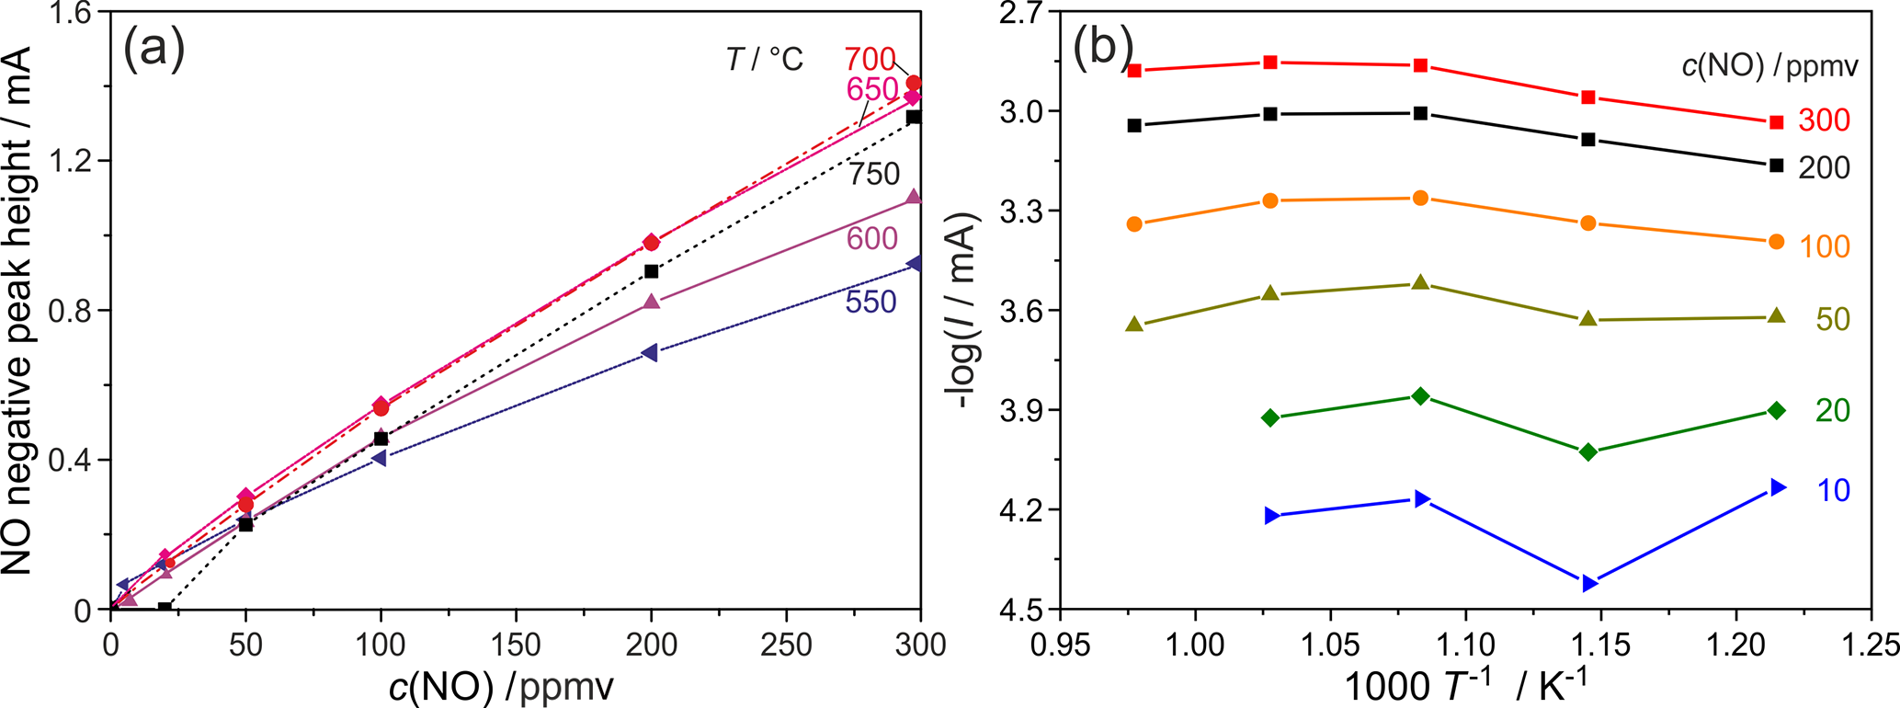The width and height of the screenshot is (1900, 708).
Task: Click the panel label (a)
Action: tap(154, 49)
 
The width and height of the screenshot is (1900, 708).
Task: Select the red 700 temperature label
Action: tap(870, 60)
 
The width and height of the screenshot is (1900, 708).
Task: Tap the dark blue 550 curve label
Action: tap(870, 302)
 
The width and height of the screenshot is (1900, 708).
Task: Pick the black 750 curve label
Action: tap(873, 174)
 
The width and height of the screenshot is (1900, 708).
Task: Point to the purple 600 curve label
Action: tap(871, 239)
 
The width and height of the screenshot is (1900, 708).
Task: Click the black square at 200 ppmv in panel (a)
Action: tap(652, 271)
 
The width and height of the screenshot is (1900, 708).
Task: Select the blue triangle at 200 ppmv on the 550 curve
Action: tap(650, 353)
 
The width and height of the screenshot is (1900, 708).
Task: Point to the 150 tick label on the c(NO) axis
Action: tap(516, 645)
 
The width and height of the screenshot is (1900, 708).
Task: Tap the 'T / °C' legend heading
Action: tap(765, 60)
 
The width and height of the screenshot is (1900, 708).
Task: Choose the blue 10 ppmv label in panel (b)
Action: tap(1833, 491)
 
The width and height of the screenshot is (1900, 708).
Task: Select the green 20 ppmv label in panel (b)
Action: tap(1832, 411)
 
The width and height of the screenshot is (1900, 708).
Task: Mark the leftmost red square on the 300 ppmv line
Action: tap(1134, 71)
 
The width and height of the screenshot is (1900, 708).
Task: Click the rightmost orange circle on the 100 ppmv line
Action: tap(1776, 242)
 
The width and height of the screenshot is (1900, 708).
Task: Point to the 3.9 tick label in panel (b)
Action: tap(1015, 410)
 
